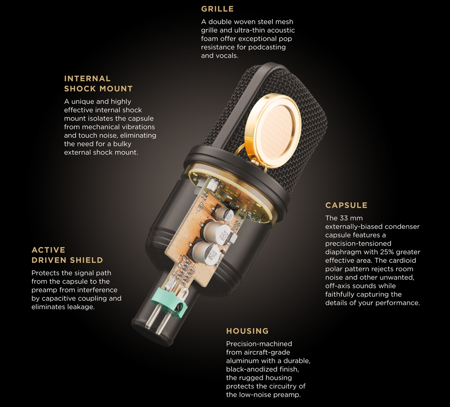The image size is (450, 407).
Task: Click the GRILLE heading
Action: coord(217,9)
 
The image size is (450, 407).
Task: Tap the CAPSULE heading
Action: coord(347,205)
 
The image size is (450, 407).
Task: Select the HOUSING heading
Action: coord(247,331)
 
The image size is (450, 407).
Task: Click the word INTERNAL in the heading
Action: coord(87,79)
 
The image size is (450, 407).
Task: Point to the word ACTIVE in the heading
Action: coord(49,250)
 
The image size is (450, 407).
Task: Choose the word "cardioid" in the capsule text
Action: coord(402,260)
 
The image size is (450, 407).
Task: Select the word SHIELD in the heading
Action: coord(87,260)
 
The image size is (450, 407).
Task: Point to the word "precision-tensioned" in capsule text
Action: coord(358,244)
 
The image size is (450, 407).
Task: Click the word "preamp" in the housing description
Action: coord(288,394)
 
